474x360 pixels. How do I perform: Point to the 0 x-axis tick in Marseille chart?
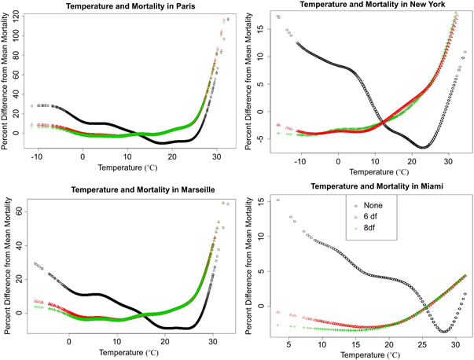pos(69,340)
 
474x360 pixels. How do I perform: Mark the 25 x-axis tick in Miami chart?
pos(421,343)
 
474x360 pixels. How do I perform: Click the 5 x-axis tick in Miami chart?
pos(289,343)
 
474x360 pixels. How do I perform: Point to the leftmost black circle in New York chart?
pos(280,17)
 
